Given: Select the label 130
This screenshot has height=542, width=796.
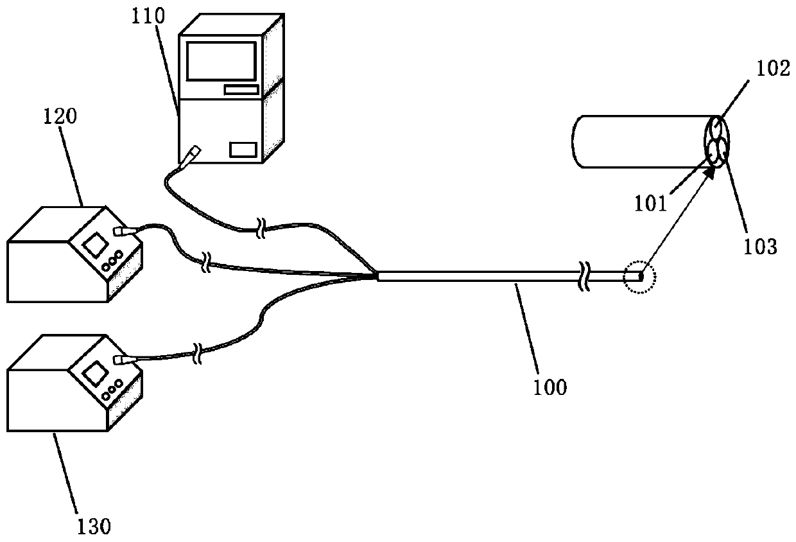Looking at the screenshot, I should tap(95, 527).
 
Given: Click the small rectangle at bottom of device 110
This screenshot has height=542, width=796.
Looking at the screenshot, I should tap(243, 150).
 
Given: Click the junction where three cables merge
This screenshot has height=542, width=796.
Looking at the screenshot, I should tap(376, 277).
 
